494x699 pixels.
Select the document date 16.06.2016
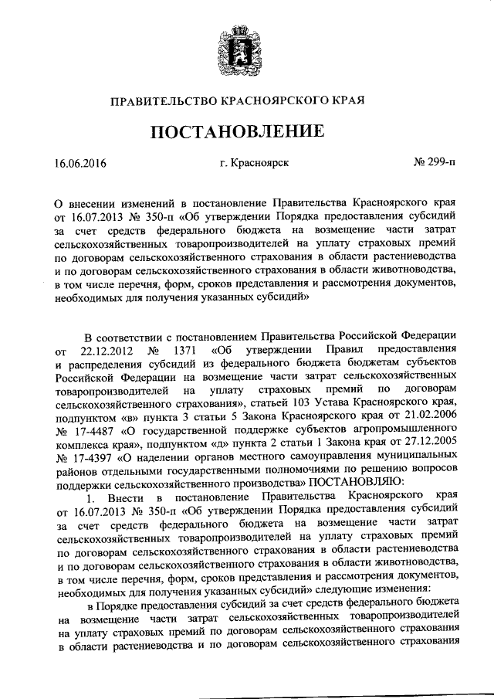(80, 163)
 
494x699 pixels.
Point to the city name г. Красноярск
(254, 163)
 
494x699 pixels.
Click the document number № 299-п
(435, 163)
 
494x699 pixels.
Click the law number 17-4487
(100, 433)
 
